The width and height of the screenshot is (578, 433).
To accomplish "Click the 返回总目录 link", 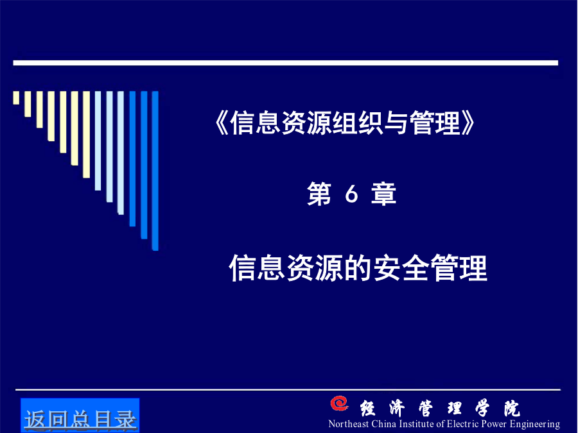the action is [x=80, y=420].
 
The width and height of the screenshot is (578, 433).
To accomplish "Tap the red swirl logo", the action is [x=340, y=403].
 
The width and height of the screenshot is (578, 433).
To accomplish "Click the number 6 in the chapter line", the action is [x=352, y=194].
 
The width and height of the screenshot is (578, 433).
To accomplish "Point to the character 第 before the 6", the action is [x=319, y=194].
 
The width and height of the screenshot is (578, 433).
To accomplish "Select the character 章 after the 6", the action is [x=384, y=194].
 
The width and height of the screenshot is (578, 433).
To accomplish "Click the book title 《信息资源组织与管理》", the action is [x=345, y=123].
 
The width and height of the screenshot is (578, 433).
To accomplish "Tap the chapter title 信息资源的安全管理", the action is [x=358, y=267].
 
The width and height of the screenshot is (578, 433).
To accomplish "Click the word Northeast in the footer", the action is [x=348, y=424].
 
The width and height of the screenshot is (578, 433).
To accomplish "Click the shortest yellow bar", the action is [x=16, y=98].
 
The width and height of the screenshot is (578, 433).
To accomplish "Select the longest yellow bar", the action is [x=86, y=135].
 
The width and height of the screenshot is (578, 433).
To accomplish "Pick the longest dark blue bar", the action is [x=155, y=171].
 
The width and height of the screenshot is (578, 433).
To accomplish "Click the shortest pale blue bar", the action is [x=98, y=140].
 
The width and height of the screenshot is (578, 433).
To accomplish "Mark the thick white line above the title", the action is [x=286, y=63].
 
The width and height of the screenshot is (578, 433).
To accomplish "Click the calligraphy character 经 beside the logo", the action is [x=368, y=408].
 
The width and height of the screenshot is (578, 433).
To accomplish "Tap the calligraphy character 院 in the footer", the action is [x=512, y=408].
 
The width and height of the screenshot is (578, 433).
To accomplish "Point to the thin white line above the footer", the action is [x=288, y=389].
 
